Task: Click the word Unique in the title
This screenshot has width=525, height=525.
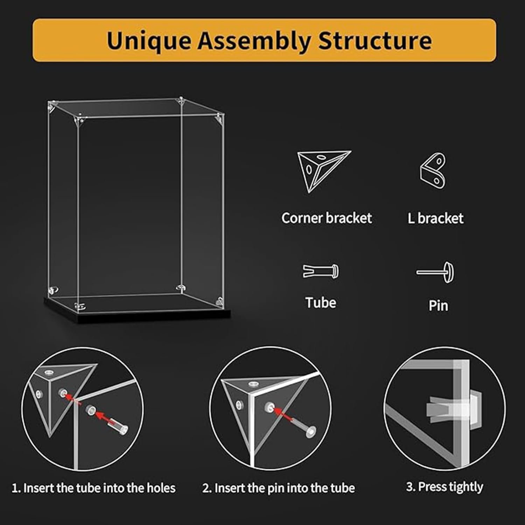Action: [149, 41]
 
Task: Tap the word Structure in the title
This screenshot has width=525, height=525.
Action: [375, 41]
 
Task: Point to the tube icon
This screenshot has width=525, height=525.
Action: [321, 271]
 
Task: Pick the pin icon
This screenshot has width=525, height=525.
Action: [435, 272]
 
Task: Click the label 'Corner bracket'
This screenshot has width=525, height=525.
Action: [327, 218]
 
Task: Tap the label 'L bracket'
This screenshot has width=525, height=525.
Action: [435, 218]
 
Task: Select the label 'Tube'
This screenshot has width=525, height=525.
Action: [321, 302]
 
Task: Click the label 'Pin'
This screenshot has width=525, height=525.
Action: [438, 306]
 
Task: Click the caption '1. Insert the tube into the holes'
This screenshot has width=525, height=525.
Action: [93, 488]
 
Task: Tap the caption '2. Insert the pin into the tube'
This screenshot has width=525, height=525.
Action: [279, 488]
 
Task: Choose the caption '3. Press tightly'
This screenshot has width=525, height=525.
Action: [444, 487]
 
